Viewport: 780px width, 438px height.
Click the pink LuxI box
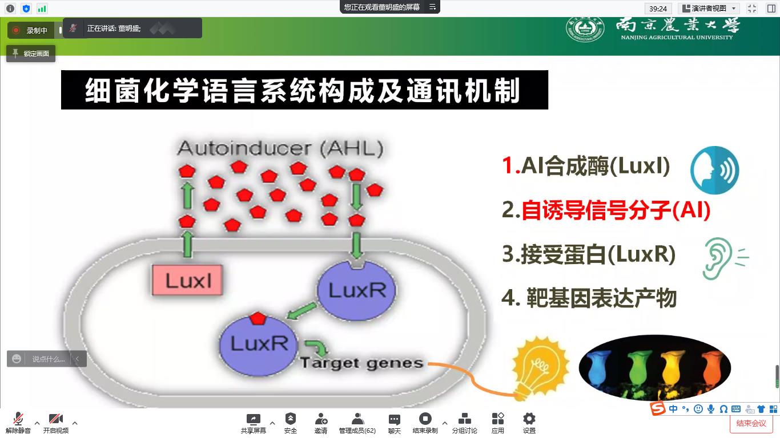coord(187,280)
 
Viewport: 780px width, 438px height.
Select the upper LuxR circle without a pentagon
coord(356,290)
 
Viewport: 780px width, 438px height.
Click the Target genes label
coord(361,363)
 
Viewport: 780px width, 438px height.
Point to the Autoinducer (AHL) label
coord(280,149)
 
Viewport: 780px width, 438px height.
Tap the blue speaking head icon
coord(714,170)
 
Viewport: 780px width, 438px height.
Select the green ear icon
coord(718,258)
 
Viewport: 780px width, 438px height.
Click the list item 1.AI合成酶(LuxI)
coord(586,166)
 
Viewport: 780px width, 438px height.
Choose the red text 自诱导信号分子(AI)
coord(616,210)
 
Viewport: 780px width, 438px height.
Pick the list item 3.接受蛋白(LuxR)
coord(589,254)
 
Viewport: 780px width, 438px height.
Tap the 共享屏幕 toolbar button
coord(253,423)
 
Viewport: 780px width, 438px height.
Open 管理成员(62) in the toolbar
coord(357,423)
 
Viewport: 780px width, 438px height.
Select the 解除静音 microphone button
coord(18,423)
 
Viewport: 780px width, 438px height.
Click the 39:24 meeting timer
coord(658,9)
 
